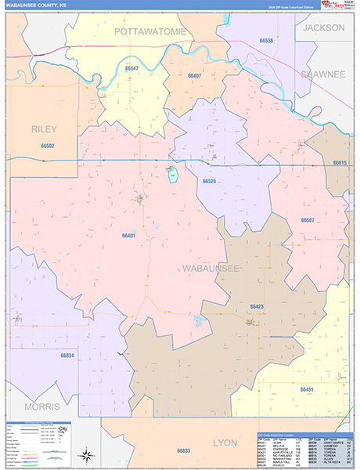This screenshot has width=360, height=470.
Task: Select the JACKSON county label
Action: [323, 27]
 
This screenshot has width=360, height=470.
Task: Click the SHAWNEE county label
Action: [322, 74]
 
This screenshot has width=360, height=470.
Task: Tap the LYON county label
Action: [225, 443]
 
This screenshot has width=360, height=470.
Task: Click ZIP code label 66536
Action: [266, 40]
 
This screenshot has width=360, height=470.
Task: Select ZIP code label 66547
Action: [131, 69]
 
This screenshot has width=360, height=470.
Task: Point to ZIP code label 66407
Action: [194, 75]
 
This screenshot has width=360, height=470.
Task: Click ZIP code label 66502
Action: [48, 146]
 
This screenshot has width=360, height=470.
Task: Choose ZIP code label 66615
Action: [339, 162]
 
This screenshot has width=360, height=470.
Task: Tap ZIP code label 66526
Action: [209, 181]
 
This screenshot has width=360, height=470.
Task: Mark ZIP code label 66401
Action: [129, 235]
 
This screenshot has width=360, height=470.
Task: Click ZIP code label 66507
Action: [308, 220]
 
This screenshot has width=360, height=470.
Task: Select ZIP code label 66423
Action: [257, 306]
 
